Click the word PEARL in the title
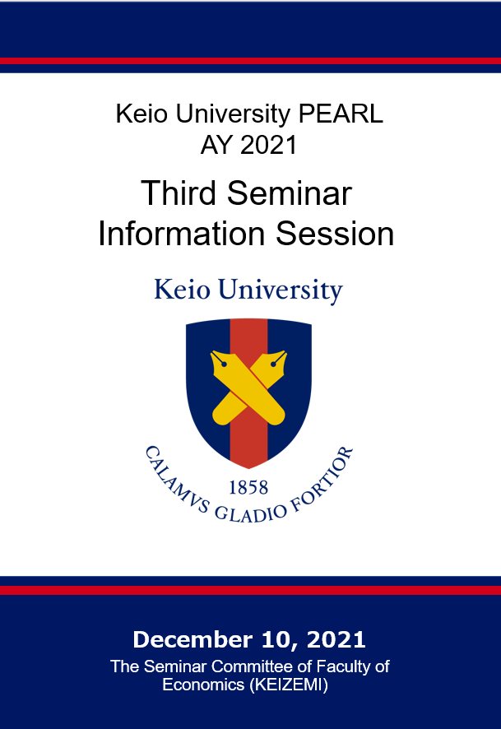(x=341, y=114)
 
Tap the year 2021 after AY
(x=269, y=145)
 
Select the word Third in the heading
(x=179, y=193)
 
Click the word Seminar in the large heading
(x=289, y=193)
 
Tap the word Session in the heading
(x=335, y=233)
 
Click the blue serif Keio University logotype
(x=248, y=290)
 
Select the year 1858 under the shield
(x=248, y=487)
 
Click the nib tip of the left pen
(x=212, y=353)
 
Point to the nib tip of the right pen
(x=285, y=353)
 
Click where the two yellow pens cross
(x=248, y=387)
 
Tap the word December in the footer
(x=193, y=640)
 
